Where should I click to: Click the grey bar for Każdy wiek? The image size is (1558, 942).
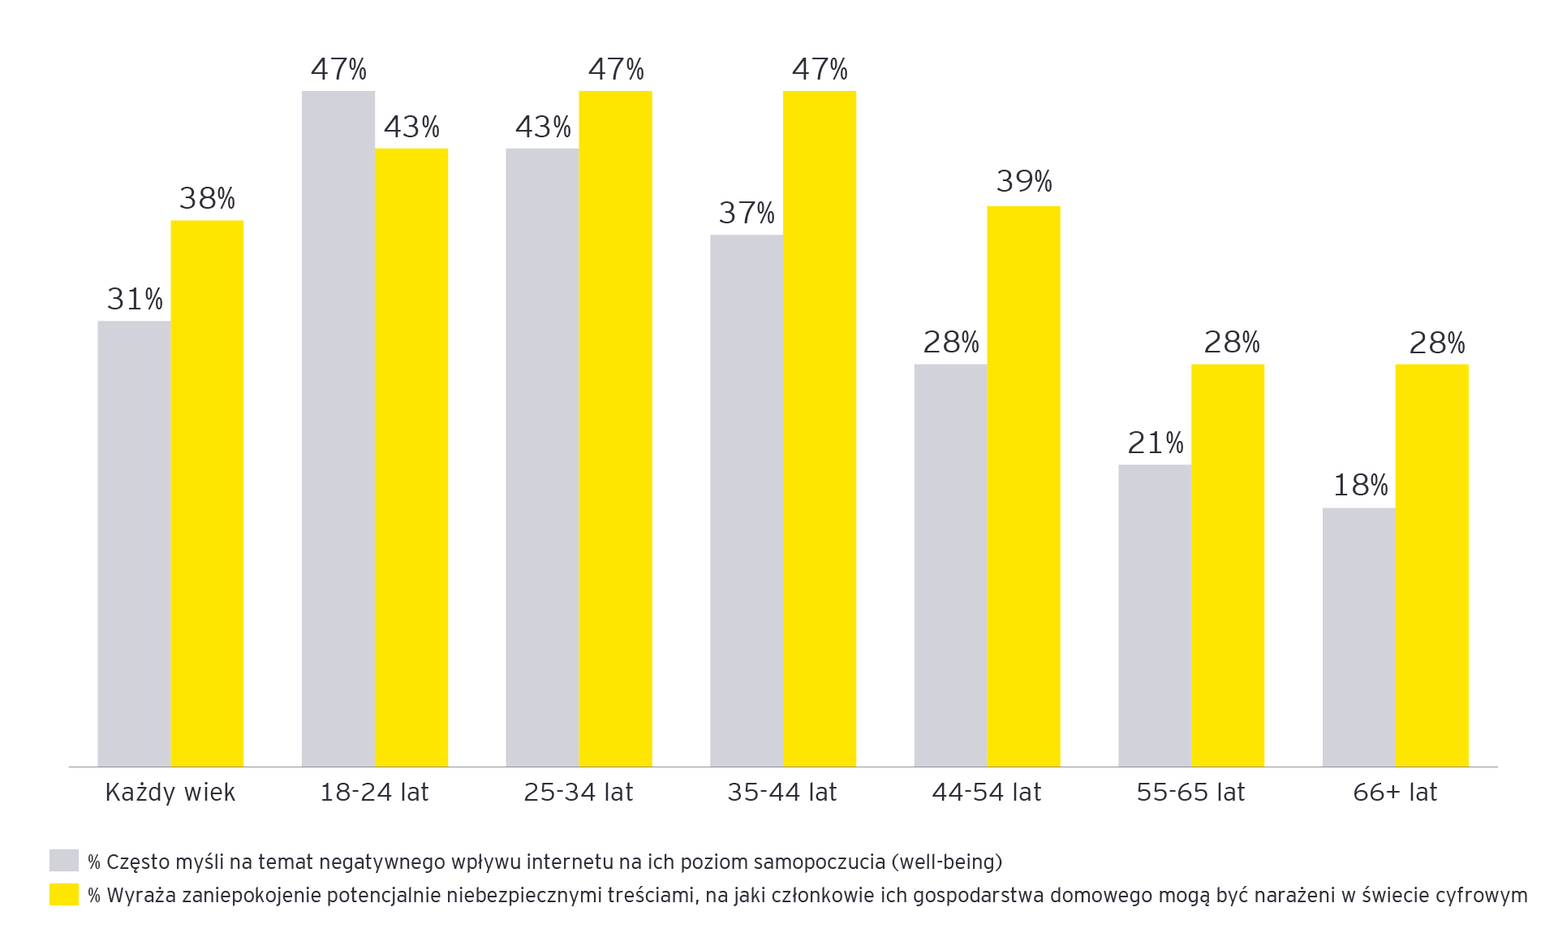click(x=134, y=543)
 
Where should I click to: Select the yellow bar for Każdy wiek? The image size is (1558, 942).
click(x=207, y=493)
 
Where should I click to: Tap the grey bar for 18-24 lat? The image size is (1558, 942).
click(x=338, y=428)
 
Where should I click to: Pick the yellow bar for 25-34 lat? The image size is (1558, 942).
click(x=615, y=428)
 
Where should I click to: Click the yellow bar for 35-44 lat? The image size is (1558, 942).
click(x=820, y=428)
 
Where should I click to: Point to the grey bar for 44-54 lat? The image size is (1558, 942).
click(x=950, y=565)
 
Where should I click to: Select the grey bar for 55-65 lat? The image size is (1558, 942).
click(x=1155, y=616)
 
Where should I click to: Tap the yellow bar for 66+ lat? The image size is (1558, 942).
click(x=1431, y=565)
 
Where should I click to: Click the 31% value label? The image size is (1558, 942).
click(x=135, y=300)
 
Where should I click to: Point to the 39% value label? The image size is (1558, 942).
click(x=1024, y=181)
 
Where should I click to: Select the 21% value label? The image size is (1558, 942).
click(x=1156, y=443)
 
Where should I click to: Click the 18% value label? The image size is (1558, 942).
click(x=1360, y=486)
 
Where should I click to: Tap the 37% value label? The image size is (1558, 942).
click(x=747, y=214)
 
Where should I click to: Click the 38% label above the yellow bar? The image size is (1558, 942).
click(x=207, y=199)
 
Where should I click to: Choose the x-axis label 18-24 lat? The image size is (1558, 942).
click(x=374, y=792)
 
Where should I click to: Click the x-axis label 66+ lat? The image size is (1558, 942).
click(x=1395, y=792)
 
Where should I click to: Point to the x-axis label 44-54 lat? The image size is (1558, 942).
click(x=986, y=792)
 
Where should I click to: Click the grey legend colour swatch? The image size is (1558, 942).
click(x=64, y=861)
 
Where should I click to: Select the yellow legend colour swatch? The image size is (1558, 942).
click(x=64, y=895)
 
